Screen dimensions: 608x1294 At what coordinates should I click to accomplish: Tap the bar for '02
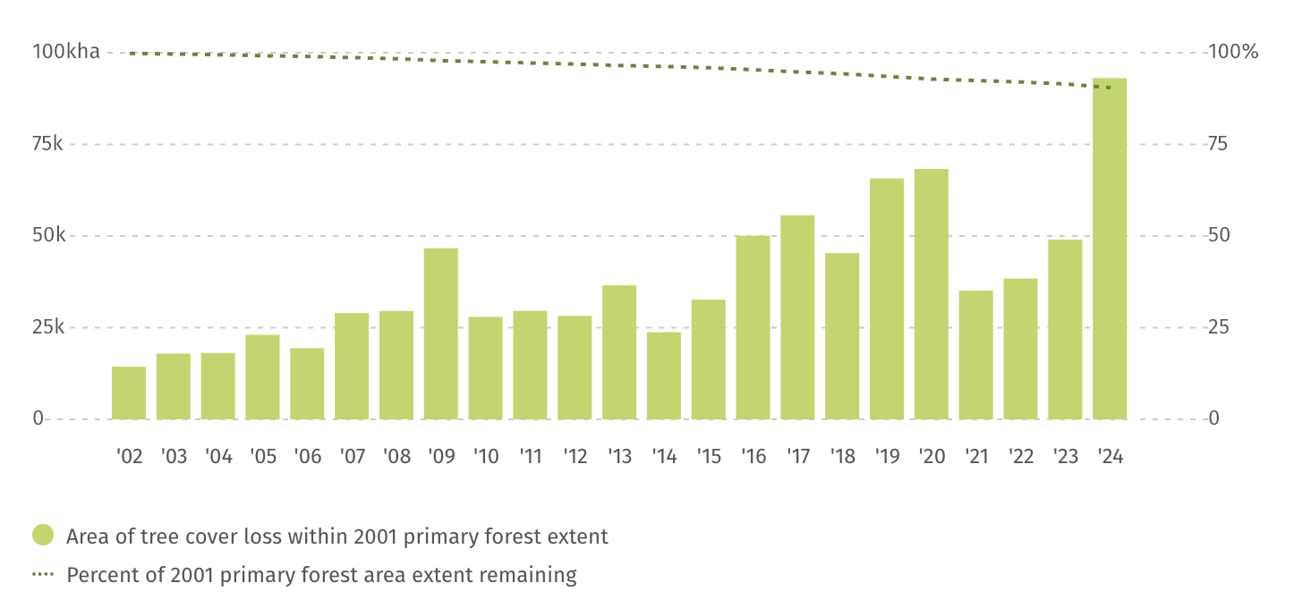129,393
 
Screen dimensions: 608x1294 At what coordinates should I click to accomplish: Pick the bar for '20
932,294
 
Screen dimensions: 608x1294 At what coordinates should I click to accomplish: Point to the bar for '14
664,376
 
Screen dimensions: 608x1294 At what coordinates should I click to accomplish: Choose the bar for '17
797,317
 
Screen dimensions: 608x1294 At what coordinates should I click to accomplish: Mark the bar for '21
975,355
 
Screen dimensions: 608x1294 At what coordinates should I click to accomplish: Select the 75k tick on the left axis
48,144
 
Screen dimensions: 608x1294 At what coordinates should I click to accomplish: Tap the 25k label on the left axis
48,327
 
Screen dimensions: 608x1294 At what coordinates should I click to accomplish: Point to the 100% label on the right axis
1233,52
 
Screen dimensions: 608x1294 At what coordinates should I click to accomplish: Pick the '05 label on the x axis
263,457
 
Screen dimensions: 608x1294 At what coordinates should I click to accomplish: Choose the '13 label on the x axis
619,457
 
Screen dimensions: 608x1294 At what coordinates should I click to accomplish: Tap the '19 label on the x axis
887,457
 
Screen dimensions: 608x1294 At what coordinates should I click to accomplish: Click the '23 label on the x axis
1065,457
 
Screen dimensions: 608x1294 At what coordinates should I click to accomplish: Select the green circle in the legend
43,536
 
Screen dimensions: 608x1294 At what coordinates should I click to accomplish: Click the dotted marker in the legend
43,574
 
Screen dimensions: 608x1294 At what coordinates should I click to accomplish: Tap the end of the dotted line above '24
1110,88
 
